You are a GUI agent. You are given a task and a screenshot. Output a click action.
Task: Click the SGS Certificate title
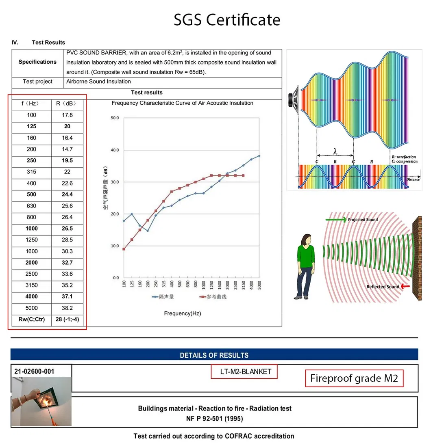click(x=227, y=19)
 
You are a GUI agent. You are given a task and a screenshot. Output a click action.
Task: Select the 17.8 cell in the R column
click(x=67, y=115)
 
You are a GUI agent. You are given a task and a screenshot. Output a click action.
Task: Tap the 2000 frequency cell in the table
click(x=31, y=263)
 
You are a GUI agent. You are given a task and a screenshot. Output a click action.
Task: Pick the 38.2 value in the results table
click(x=67, y=308)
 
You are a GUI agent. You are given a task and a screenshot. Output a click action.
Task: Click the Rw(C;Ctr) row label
click(x=31, y=320)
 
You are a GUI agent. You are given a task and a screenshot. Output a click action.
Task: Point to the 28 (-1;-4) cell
click(x=67, y=320)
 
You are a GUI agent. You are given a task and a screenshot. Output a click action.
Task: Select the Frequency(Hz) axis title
click(x=183, y=313)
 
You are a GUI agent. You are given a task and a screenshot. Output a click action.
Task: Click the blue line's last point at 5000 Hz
click(x=259, y=156)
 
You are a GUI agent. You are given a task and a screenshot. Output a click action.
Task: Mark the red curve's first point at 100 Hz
click(x=124, y=249)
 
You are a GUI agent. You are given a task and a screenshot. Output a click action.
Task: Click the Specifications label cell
click(x=37, y=62)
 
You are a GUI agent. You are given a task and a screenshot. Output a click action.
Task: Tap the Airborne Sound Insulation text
click(x=98, y=82)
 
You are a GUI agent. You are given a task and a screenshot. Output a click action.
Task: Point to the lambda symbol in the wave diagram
click(x=335, y=151)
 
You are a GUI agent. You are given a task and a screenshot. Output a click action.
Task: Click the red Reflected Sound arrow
click(x=405, y=286)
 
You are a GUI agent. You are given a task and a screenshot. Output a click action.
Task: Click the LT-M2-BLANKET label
click(x=244, y=371)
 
